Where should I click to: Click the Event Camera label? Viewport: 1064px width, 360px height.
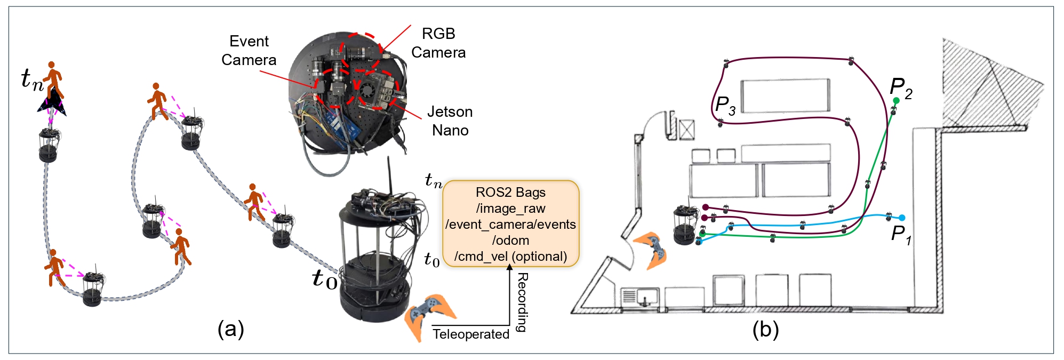tap(249, 51)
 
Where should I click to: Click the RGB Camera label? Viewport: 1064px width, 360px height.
tap(438, 43)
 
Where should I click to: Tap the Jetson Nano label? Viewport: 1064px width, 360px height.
tap(450, 121)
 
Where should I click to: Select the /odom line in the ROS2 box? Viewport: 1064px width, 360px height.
tap(510, 241)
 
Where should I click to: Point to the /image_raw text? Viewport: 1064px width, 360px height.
tap(510, 209)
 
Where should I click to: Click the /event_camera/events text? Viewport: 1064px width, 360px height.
tap(510, 225)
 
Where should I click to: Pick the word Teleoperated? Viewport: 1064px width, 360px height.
tap(470, 334)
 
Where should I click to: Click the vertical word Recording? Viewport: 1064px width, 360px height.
tap(523, 302)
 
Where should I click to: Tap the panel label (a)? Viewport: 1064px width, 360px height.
tap(230, 329)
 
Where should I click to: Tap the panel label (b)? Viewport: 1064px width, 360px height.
tap(765, 330)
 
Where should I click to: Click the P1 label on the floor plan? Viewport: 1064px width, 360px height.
tap(901, 235)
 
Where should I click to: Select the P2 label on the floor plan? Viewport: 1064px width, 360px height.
tap(901, 88)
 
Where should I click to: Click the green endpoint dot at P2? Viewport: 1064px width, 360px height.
tap(897, 101)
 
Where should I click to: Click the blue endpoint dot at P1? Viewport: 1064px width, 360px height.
tap(902, 218)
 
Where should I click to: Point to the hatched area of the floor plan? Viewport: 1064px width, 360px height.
tap(987, 85)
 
